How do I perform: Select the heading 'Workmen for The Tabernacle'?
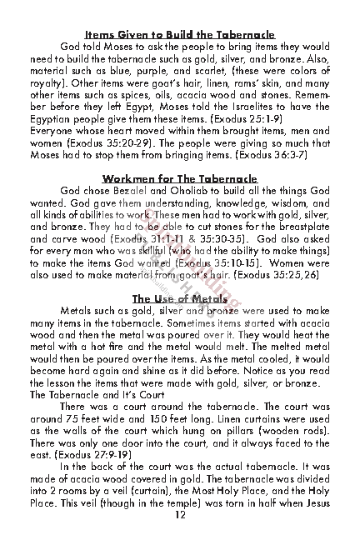tap(179, 179)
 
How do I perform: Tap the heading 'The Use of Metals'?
tap(179, 299)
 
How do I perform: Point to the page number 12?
tap(179, 515)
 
